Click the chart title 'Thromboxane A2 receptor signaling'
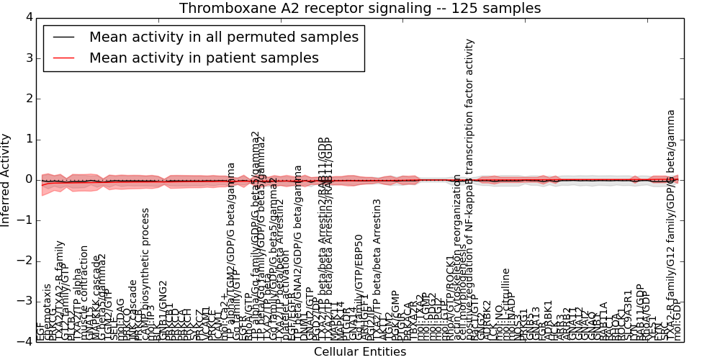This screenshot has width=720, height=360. pos(360,9)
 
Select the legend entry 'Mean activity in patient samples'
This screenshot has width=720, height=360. pos(204,58)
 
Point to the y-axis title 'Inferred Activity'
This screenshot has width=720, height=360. pos(6,179)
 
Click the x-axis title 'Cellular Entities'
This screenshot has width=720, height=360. pos(360,352)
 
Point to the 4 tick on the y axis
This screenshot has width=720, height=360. pos(28,17)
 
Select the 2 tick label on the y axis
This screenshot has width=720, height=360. pos(28,99)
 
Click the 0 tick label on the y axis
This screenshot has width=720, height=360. pos(28,179)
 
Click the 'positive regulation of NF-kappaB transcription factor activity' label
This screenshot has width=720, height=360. pos(470,187)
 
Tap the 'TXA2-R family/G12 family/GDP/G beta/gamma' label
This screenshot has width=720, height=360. pos(671,223)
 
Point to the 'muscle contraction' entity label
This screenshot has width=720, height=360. pos(84,292)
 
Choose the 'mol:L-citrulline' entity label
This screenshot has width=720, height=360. pos(506,303)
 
